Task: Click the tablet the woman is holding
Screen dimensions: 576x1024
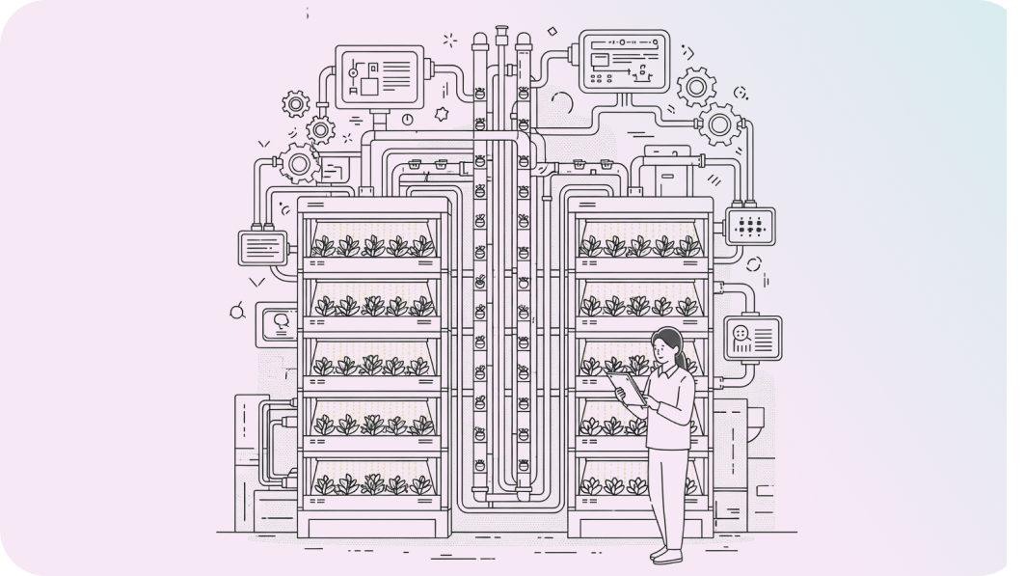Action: pos(629,388)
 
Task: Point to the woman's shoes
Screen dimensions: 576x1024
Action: pos(664,555)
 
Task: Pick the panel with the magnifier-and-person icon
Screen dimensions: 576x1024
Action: pos(753,337)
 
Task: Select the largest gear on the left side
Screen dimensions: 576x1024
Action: pos(299,164)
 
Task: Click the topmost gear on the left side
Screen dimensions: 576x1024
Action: pos(295,102)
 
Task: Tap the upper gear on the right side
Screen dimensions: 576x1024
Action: pos(695,87)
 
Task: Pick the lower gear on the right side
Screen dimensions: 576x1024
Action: pos(718,123)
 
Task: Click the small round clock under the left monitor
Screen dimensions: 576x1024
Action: pos(407,119)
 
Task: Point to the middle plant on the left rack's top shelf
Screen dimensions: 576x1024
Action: pos(373,246)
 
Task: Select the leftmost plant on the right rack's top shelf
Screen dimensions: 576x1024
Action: pos(589,246)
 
